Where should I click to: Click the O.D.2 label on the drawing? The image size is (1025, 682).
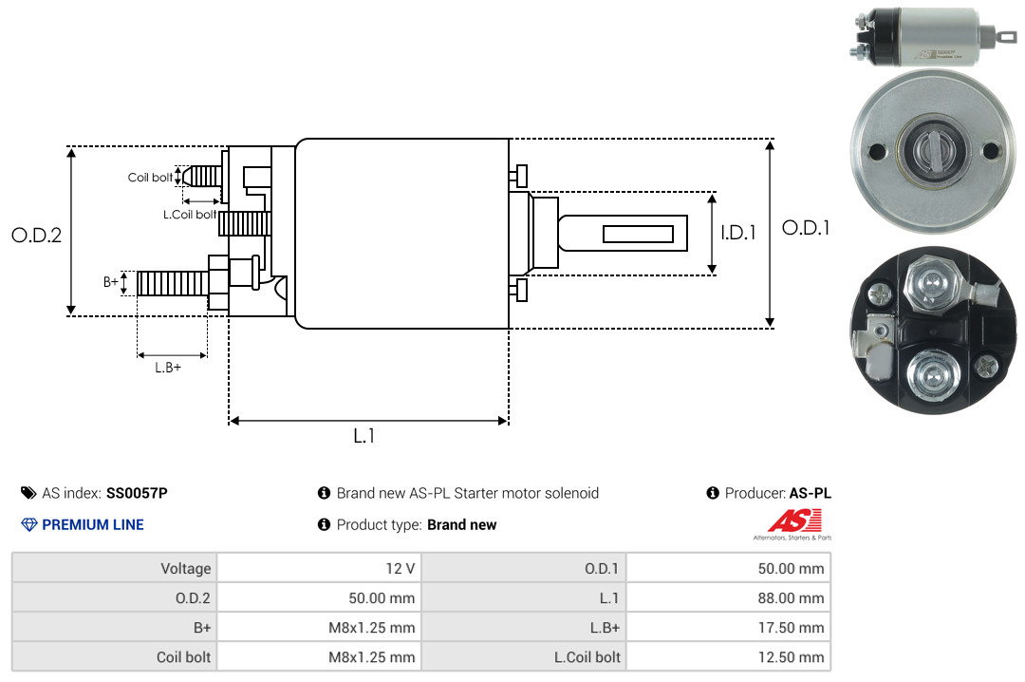click(37, 235)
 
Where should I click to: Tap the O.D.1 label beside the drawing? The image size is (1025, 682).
click(806, 228)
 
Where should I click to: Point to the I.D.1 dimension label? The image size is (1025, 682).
click(738, 233)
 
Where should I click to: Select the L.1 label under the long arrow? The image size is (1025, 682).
click(363, 436)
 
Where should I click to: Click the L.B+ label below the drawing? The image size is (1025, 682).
click(168, 368)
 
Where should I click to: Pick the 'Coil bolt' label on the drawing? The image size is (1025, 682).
click(150, 178)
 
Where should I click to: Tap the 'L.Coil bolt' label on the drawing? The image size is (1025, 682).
click(190, 214)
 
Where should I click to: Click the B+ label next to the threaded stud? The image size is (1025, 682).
click(110, 282)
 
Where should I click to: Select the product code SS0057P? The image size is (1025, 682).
click(137, 493)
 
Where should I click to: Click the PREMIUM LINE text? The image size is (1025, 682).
click(93, 524)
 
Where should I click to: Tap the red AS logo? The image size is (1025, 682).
click(794, 521)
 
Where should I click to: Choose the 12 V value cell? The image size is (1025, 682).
click(319, 568)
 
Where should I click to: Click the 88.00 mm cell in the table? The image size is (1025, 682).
click(728, 597)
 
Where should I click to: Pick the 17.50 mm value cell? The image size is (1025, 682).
click(728, 627)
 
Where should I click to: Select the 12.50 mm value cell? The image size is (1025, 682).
click(728, 656)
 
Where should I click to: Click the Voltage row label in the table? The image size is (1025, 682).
click(186, 568)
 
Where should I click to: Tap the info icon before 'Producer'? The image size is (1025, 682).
click(713, 493)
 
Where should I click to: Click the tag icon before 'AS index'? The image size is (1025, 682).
click(28, 493)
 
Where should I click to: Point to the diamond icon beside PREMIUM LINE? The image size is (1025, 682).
click(29, 524)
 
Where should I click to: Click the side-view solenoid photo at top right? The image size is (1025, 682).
click(934, 36)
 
